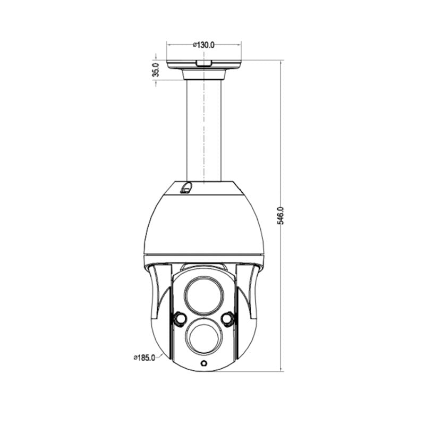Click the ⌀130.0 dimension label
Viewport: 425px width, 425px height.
click(203, 45)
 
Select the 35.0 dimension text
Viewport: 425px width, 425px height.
click(156, 70)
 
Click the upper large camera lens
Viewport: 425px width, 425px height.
click(203, 294)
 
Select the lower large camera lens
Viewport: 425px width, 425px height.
click(203, 338)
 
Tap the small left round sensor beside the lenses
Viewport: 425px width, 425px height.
click(178, 318)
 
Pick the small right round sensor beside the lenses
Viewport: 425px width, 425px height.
click(228, 318)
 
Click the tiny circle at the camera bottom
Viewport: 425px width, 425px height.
click(203, 363)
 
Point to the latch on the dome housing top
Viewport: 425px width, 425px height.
click(186, 188)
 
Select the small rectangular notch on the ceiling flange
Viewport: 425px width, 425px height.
click(203, 63)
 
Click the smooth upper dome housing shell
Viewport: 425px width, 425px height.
click(203, 223)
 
